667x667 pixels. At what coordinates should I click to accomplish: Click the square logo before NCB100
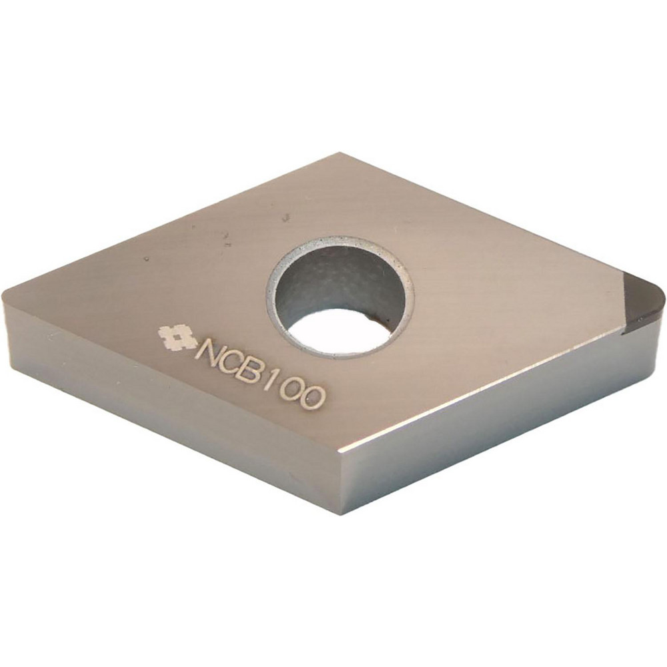(x=176, y=338)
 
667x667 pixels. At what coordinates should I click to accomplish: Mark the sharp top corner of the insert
(x=340, y=154)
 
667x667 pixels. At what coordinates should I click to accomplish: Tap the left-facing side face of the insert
(x=167, y=414)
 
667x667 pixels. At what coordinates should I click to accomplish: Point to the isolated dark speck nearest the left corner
(x=146, y=259)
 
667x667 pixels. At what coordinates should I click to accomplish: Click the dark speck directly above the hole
(x=285, y=217)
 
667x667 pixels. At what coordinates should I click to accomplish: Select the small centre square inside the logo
(x=176, y=338)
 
